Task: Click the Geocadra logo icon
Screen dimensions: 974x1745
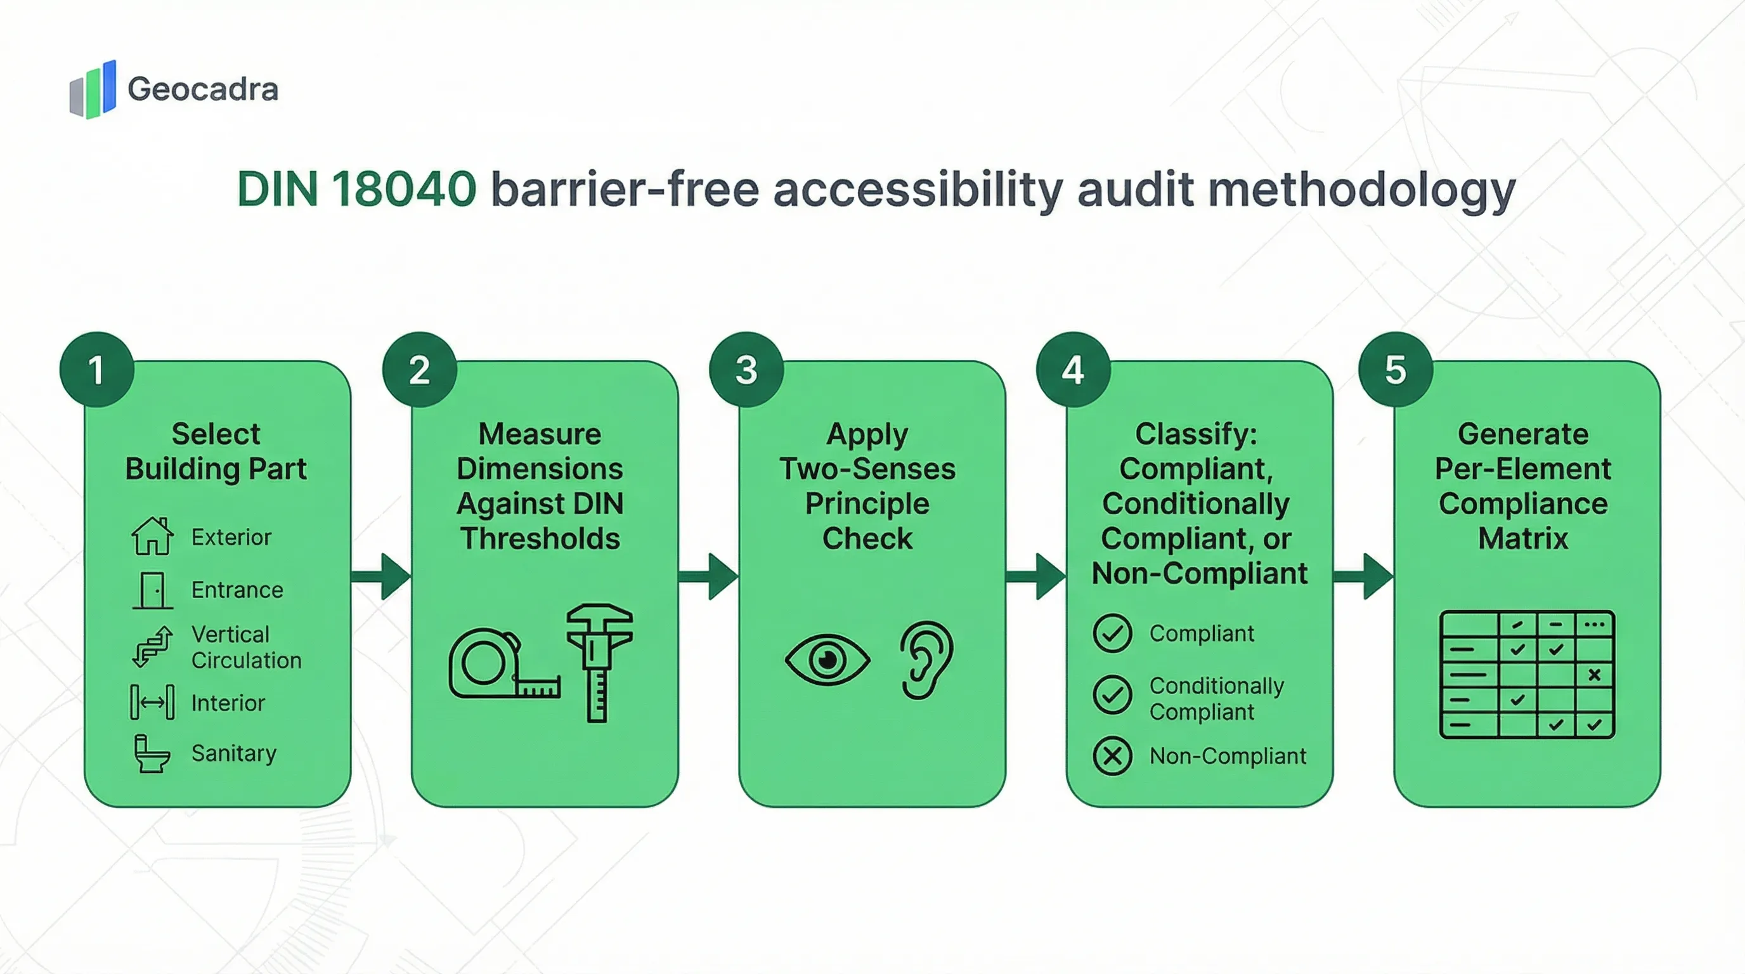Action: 93,89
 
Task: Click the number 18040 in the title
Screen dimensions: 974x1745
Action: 404,189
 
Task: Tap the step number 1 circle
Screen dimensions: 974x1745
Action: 96,370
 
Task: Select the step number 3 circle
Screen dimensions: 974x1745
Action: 746,370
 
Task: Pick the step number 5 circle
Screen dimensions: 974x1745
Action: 1396,370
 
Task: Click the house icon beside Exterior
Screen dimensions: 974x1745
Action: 152,536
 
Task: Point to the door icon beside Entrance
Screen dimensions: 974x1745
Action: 152,590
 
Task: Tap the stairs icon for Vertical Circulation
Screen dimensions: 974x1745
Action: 152,646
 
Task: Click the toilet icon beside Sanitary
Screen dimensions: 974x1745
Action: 151,754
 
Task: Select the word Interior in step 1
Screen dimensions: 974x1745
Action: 228,703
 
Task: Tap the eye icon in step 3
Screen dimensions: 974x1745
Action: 826,659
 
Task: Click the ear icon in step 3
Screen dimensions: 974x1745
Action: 926,659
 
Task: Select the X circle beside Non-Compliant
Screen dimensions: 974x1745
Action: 1112,756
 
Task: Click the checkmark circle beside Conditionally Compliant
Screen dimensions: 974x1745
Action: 1112,695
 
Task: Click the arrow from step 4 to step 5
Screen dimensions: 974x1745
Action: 1363,576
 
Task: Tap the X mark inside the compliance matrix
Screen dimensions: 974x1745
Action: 1594,675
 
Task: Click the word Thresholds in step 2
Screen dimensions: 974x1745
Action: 540,539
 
